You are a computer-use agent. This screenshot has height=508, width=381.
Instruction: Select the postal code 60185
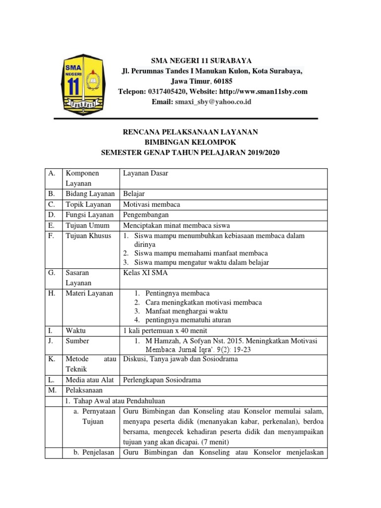[222, 81]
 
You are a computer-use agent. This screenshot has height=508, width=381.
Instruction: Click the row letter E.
[51, 225]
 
